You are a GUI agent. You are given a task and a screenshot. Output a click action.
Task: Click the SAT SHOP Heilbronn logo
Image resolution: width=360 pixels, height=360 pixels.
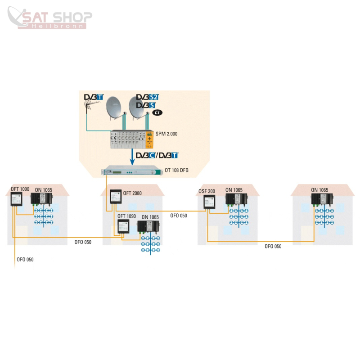point(50,18)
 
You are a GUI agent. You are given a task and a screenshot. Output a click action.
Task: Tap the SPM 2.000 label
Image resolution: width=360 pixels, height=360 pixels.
point(166,134)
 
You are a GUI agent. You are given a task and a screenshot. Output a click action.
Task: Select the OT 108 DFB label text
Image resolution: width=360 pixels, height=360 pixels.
point(176,170)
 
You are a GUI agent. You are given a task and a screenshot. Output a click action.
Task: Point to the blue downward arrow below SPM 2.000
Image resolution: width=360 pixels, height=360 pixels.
point(132,157)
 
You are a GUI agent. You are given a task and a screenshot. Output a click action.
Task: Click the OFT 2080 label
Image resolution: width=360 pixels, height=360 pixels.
point(132,193)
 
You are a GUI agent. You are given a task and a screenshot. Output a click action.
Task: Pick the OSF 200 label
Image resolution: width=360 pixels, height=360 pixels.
point(207,191)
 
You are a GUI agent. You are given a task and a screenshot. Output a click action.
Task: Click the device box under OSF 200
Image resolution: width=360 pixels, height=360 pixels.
point(209,202)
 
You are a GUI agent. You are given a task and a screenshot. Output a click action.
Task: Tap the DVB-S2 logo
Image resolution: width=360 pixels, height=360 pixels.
point(148,97)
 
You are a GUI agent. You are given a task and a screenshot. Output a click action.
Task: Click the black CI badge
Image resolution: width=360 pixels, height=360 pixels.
point(157,112)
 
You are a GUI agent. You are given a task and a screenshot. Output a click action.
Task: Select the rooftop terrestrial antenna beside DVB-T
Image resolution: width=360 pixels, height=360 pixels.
point(91,106)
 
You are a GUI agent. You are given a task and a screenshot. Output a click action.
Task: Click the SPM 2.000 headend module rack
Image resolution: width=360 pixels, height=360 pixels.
point(132,139)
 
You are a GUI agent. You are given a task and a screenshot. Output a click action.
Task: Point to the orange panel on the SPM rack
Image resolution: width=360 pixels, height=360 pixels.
point(149,139)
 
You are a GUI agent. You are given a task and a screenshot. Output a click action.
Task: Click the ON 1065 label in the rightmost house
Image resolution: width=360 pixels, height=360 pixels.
point(319,190)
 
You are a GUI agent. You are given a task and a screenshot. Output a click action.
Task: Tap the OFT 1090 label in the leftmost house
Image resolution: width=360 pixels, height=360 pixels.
point(20,189)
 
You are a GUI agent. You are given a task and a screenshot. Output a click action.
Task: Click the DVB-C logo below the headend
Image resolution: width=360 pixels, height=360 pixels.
point(146,155)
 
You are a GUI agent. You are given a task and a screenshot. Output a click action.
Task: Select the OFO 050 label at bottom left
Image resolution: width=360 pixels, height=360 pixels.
point(25,260)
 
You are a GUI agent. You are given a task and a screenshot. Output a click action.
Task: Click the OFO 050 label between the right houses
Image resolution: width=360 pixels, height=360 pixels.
point(273,246)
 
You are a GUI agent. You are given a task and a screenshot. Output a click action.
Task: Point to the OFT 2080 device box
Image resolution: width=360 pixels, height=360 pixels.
point(116,197)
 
